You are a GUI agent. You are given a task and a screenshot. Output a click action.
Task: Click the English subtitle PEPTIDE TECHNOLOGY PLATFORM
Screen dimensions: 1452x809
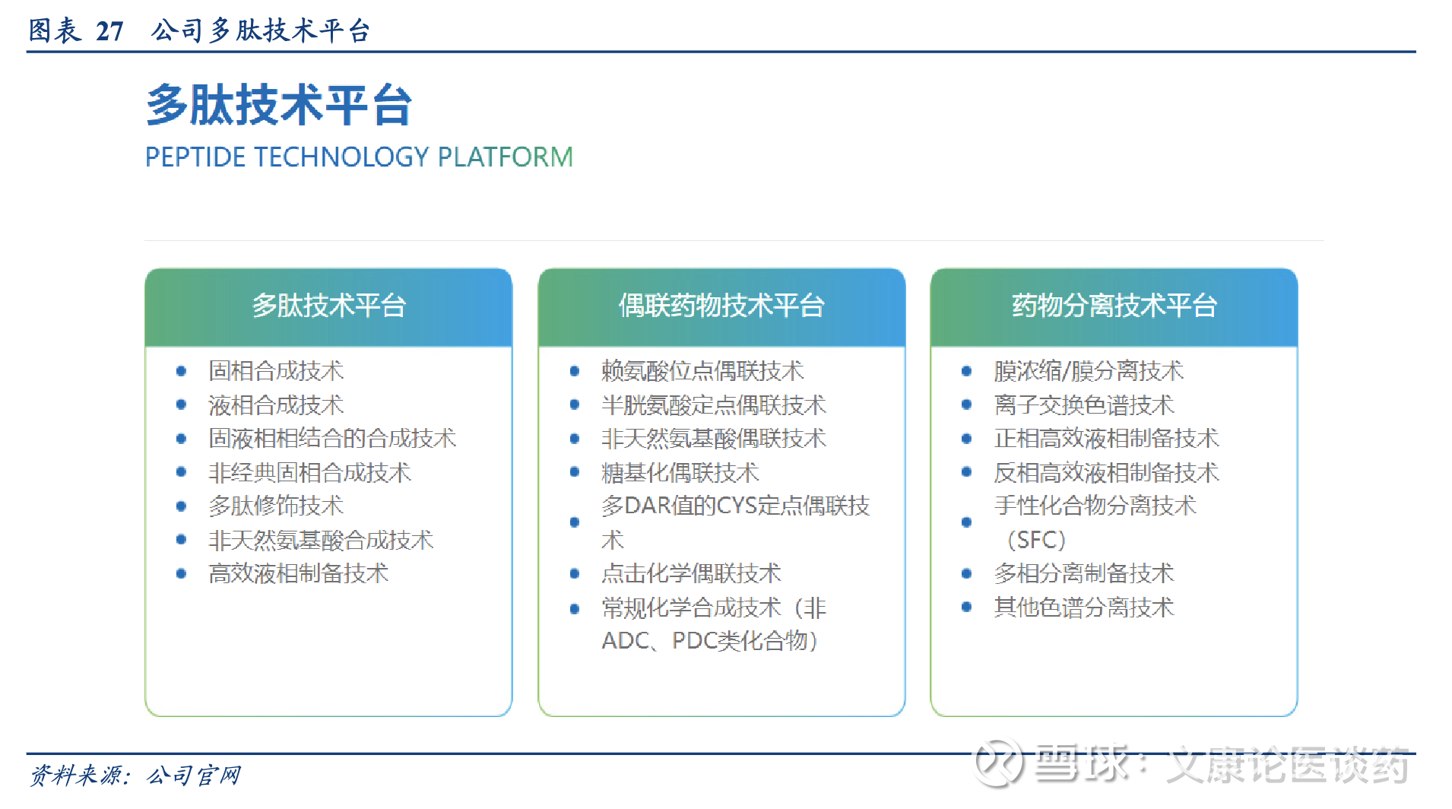(x=359, y=157)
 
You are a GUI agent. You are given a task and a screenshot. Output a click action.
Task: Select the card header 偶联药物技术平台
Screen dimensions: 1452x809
(x=721, y=306)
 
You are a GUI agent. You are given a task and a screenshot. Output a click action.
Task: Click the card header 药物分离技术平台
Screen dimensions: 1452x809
(x=1114, y=306)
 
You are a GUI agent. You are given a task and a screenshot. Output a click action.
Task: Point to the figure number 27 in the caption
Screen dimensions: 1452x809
(x=109, y=30)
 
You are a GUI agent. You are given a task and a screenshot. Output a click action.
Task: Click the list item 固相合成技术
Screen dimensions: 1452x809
(x=276, y=371)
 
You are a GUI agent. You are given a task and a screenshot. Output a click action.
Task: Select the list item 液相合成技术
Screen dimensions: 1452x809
(x=276, y=405)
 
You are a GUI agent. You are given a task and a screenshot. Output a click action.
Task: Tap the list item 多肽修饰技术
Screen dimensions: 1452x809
(x=276, y=506)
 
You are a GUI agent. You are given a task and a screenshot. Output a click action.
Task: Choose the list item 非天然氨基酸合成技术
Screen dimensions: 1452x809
(x=321, y=540)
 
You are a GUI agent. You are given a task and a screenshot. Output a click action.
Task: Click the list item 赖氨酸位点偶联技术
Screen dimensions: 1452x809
(x=702, y=371)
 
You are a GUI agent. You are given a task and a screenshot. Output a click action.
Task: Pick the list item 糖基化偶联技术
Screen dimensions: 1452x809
(x=680, y=473)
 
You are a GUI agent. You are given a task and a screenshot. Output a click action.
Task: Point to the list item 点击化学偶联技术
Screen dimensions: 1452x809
(x=691, y=573)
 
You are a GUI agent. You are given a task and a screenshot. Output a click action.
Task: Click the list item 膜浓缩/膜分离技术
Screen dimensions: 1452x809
(x=1089, y=371)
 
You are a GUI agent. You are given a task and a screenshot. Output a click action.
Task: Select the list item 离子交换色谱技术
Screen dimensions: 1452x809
(x=1084, y=405)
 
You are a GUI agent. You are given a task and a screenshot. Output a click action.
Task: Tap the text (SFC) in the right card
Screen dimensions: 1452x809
(x=1036, y=540)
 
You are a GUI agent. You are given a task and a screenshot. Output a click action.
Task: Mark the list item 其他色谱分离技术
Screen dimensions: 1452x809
(x=1084, y=608)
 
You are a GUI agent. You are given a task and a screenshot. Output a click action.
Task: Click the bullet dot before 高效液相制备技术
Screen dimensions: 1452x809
(x=181, y=573)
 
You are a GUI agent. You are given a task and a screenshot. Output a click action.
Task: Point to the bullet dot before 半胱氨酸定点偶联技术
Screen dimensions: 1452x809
(x=575, y=405)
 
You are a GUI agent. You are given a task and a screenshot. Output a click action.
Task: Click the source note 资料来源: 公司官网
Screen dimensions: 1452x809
(x=135, y=776)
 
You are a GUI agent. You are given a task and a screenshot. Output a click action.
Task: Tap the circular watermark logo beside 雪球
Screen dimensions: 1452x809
(x=998, y=763)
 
